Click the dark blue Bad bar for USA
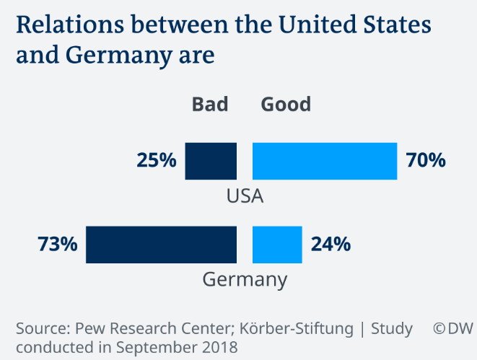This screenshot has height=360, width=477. [x=211, y=161]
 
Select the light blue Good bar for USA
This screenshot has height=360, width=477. [x=325, y=161]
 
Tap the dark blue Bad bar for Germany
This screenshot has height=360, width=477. [x=161, y=244]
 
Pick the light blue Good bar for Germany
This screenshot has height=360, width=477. [x=277, y=244]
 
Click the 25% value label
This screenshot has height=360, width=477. [x=157, y=160]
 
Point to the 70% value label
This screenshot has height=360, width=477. [x=426, y=160]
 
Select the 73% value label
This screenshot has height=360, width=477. [x=57, y=244]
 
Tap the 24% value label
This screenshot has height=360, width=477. [x=331, y=244]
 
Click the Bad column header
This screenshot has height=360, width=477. [x=210, y=105]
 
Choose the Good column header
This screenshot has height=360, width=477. [x=286, y=105]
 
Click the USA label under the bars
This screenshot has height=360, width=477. [x=245, y=196]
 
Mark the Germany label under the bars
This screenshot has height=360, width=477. [x=245, y=279]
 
